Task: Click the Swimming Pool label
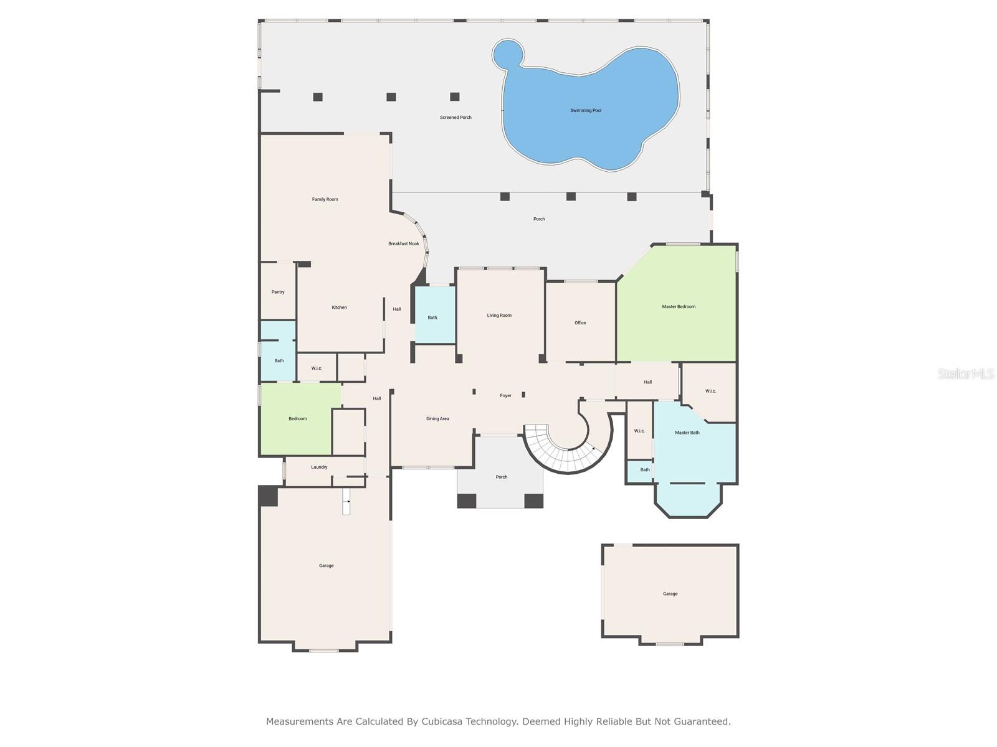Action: point(586,111)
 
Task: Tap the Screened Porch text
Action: point(456,118)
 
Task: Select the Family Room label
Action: point(325,200)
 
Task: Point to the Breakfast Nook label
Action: point(404,244)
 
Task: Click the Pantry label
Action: point(278,293)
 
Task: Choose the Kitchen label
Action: point(339,308)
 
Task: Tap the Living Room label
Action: point(499,316)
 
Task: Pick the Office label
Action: point(580,323)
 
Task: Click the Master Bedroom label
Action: point(679,307)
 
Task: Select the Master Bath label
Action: point(687,433)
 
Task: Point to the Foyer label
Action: point(505,396)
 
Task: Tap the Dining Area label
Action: point(437,419)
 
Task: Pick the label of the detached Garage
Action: point(670,594)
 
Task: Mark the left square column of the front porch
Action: point(467,500)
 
